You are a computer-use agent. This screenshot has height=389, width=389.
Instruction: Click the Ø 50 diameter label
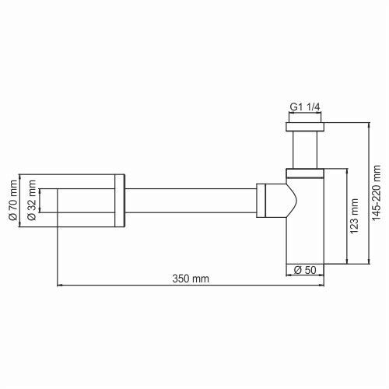(x=304, y=270)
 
